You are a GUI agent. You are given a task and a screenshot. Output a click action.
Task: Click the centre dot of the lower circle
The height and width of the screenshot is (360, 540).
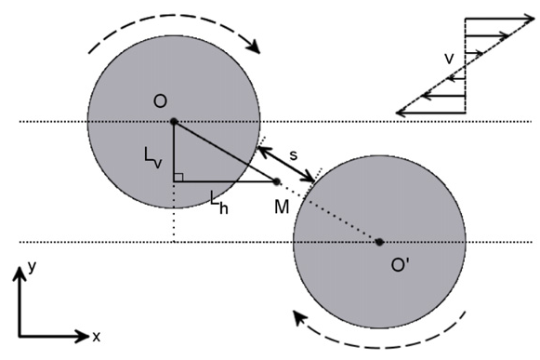pyautogui.click(x=379, y=242)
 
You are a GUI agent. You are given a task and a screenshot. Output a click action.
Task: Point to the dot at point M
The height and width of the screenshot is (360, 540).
pyautogui.click(x=276, y=180)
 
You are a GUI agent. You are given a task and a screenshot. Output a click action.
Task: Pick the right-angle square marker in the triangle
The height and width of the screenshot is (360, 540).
pyautogui.click(x=178, y=176)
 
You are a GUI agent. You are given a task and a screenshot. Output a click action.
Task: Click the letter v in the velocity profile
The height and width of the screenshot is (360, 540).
pyautogui.click(x=449, y=60)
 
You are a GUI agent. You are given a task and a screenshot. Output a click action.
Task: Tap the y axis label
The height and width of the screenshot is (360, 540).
pyautogui.click(x=31, y=266)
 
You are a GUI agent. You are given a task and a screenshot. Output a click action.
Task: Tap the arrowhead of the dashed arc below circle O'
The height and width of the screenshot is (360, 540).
pyautogui.click(x=300, y=318)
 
